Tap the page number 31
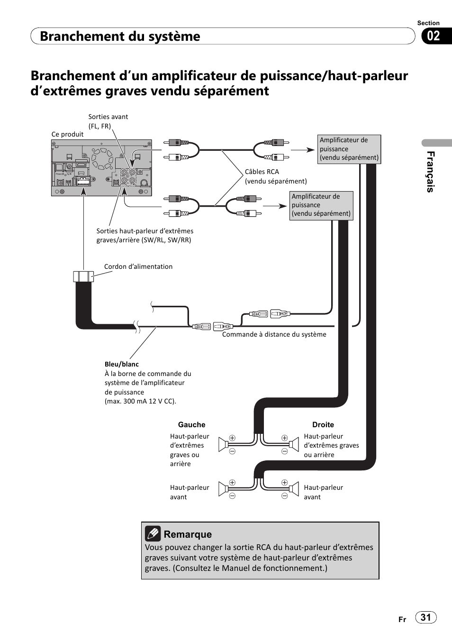pyautogui.click(x=426, y=617)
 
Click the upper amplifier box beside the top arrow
pyautogui.click(x=349, y=149)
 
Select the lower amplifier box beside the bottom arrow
pyautogui.click(x=321, y=205)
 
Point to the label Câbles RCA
pyautogui.click(x=262, y=172)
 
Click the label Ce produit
pyautogui.click(x=67, y=134)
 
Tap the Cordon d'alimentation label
pyautogui.click(x=138, y=266)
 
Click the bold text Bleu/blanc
pyautogui.click(x=122, y=364)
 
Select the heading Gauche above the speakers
pyautogui.click(x=191, y=425)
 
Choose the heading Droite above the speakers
pyautogui.click(x=323, y=425)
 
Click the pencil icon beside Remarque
pyautogui.click(x=153, y=534)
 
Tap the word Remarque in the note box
pyautogui.click(x=188, y=534)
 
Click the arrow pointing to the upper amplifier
pyautogui.click(x=302, y=150)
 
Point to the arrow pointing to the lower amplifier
pyautogui.click(x=275, y=206)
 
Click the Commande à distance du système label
pyautogui.click(x=274, y=334)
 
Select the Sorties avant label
pyautogui.click(x=108, y=117)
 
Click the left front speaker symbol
pyautogui.click(x=223, y=489)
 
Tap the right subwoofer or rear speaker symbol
pyautogui.click(x=294, y=444)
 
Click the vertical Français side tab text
pyautogui.click(x=430, y=172)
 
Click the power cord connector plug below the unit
pyautogui.click(x=83, y=276)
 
